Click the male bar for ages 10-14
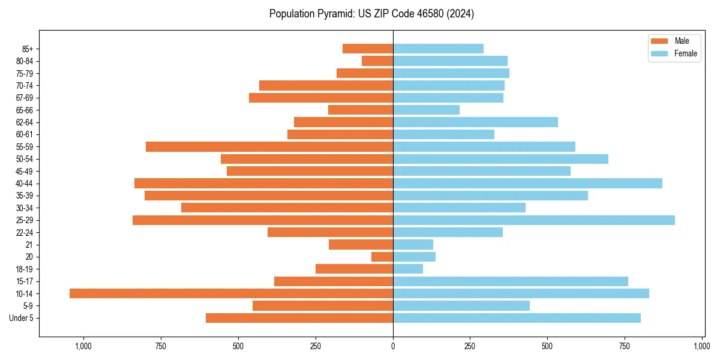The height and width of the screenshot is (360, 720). (x=231, y=293)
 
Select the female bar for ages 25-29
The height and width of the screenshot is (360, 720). (x=533, y=220)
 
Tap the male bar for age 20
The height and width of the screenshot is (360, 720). (x=382, y=257)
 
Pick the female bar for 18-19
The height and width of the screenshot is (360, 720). (x=408, y=269)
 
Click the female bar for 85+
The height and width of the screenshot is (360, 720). (x=438, y=49)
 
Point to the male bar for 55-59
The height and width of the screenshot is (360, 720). (x=269, y=146)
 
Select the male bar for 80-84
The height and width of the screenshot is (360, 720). (x=377, y=61)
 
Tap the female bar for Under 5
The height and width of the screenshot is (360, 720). (x=517, y=318)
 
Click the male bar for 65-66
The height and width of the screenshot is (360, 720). (x=361, y=110)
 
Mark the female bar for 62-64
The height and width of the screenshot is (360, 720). (x=475, y=122)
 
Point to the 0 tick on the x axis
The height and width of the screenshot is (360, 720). (x=393, y=346)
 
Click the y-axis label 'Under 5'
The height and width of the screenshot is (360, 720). (x=22, y=318)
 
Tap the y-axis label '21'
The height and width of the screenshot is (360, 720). (x=29, y=245)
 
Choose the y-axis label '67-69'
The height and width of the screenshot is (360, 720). (x=25, y=98)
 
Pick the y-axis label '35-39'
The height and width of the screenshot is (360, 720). (x=25, y=196)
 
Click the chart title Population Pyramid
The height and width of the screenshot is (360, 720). (x=371, y=14)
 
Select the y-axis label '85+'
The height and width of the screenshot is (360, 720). (x=27, y=49)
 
